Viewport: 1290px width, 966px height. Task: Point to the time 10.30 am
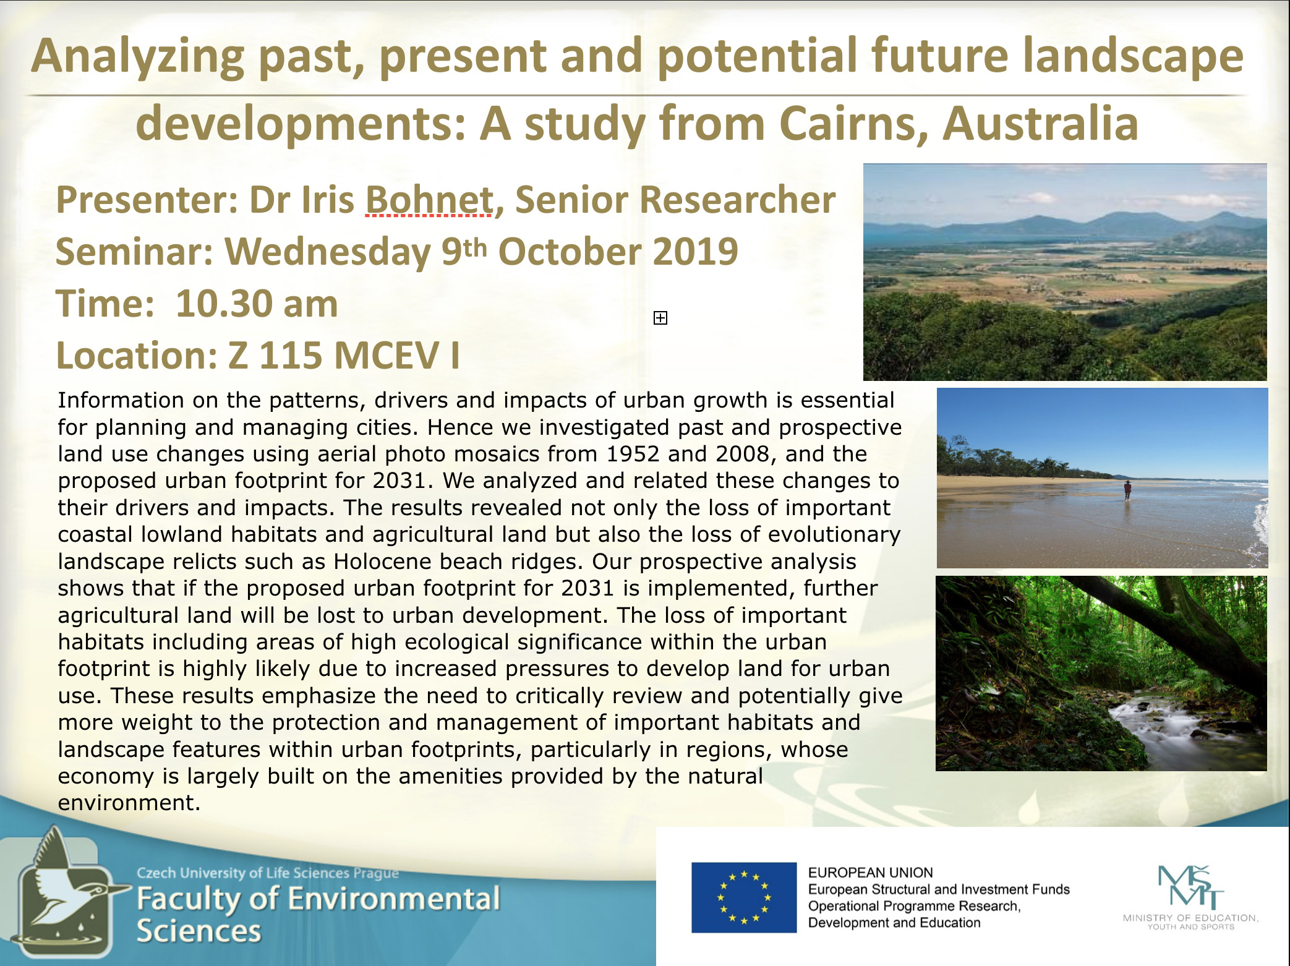(257, 304)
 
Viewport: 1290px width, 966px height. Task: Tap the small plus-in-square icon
(660, 318)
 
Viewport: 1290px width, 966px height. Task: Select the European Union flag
(744, 897)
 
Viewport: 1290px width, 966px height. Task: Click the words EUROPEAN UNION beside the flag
(870, 873)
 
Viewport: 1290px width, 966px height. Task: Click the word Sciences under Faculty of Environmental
(199, 931)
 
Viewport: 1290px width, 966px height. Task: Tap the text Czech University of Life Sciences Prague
(268, 873)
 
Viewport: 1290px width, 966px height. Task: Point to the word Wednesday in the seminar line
(328, 252)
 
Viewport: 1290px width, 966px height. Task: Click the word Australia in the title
(1040, 124)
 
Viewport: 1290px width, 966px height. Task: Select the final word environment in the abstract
(129, 803)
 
